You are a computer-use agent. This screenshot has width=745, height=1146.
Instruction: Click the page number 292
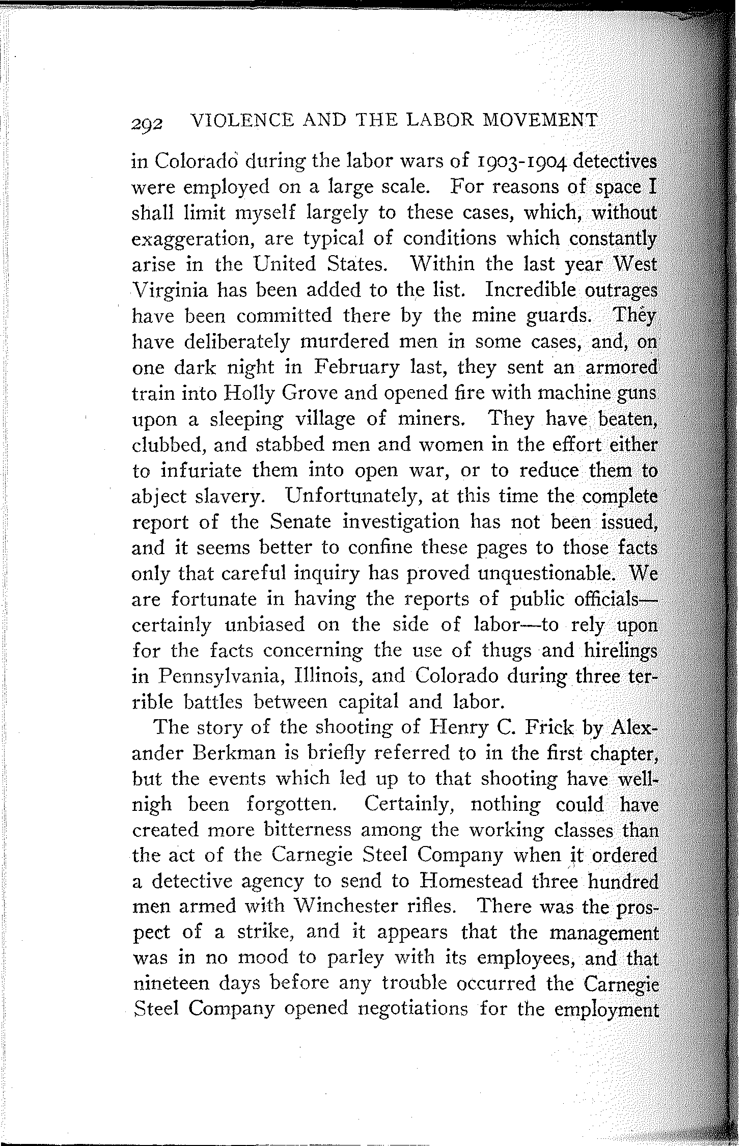[147, 123]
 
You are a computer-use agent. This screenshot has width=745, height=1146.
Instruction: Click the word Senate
[301, 522]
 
